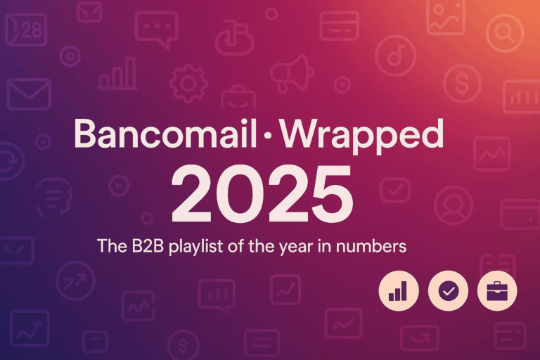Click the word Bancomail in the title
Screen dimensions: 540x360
(165, 134)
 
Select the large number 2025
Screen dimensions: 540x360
(262, 193)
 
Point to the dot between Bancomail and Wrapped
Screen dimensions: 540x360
(267, 136)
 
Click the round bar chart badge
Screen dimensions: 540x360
(399, 291)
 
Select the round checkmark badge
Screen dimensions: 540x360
(448, 291)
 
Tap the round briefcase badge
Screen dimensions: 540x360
(497, 291)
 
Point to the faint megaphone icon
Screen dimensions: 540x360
(292, 74)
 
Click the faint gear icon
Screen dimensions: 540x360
(188, 84)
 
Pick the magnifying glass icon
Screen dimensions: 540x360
(505, 33)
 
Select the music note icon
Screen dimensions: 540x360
(395, 55)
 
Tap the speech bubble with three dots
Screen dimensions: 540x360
(157, 29)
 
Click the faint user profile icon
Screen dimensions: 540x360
(454, 205)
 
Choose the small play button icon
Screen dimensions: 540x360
(119, 186)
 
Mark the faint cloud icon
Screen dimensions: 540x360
(235, 39)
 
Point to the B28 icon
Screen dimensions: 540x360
(26, 30)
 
